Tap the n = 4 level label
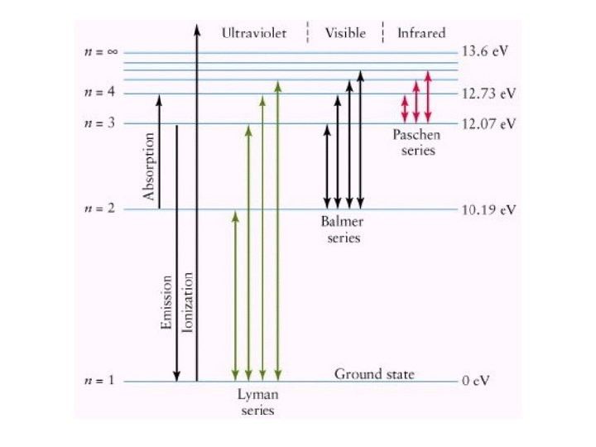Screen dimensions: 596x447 coord(102,93)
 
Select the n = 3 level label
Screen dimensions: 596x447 coord(102,123)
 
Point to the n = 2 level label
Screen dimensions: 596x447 coord(102,209)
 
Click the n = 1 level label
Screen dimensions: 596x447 coord(102,382)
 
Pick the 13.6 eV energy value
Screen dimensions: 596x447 coord(486,51)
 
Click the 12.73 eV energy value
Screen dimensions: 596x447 coord(489,93)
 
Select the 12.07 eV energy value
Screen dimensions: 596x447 coord(489,123)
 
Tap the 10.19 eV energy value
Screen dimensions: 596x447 coord(489,209)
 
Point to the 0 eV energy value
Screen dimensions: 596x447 coord(477,382)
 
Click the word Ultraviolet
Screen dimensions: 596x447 coord(255,33)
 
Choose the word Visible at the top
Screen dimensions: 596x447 coord(345,33)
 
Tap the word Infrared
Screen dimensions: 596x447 coord(421,33)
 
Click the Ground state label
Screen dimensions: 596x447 coord(374,374)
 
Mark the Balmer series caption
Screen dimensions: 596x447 coord(341,230)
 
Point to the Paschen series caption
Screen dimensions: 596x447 coord(415,145)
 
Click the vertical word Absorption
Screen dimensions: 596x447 coord(150,166)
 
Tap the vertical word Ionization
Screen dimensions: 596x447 coord(188,302)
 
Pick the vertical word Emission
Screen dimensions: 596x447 coord(166,308)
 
